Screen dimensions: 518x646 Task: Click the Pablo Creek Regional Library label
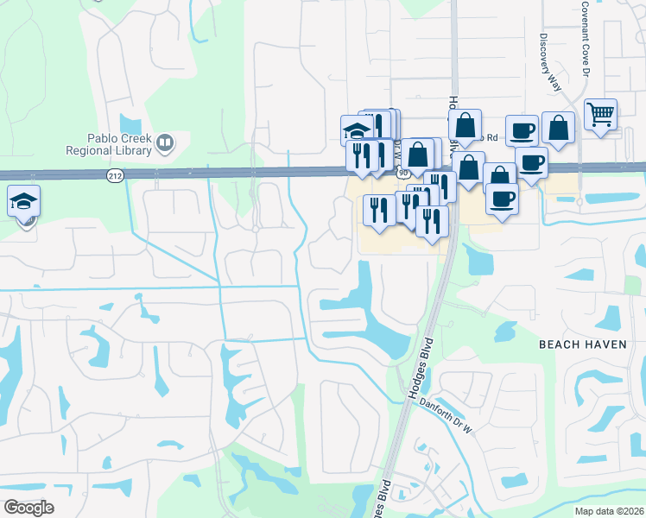pyautogui.click(x=119, y=143)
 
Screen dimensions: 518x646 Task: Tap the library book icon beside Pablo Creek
pyautogui.click(x=164, y=142)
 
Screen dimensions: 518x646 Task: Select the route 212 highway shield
pyautogui.click(x=114, y=175)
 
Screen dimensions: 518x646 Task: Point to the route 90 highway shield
pyautogui.click(x=403, y=174)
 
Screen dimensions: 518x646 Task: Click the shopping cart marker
pyautogui.click(x=600, y=114)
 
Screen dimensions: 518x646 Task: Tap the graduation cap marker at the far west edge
pyautogui.click(x=24, y=201)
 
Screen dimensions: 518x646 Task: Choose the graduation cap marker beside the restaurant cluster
pyautogui.click(x=356, y=130)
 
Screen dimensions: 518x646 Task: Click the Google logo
pyautogui.click(x=28, y=508)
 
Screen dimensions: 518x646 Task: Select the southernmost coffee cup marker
pyautogui.click(x=501, y=199)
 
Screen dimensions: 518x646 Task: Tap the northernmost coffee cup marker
pyautogui.click(x=522, y=130)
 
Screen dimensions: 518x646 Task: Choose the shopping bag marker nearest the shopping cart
pyautogui.click(x=558, y=128)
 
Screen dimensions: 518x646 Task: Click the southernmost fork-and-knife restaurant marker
pyautogui.click(x=432, y=221)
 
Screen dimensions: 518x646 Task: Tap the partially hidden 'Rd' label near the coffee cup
pyautogui.click(x=492, y=137)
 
